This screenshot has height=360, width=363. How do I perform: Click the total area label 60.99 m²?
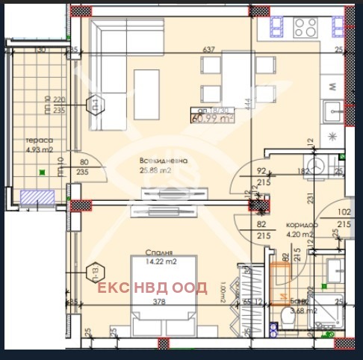click(212, 117)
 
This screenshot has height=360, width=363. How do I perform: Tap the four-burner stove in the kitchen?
click(305, 28)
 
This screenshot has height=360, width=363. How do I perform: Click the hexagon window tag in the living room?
click(95, 105)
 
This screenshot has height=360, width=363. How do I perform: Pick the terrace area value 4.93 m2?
click(37, 150)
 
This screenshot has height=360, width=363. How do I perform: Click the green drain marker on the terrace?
click(44, 172)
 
